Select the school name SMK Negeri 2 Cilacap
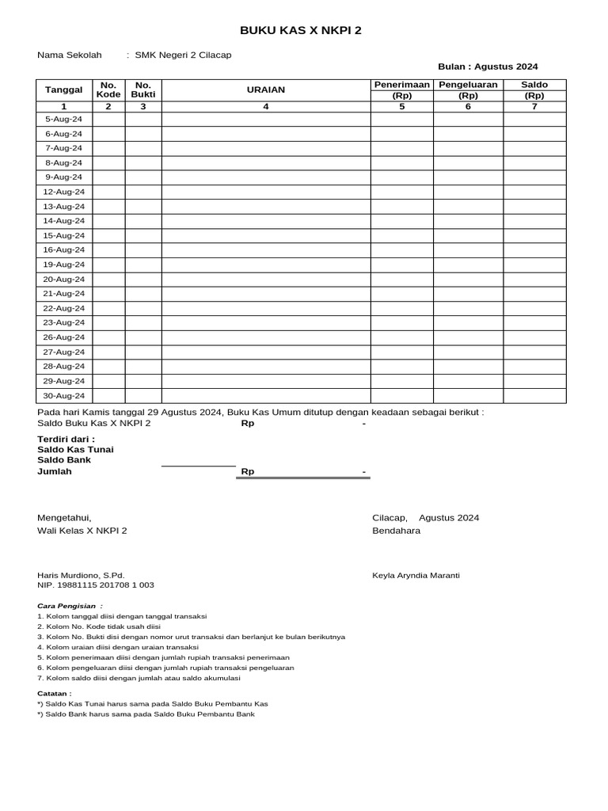click(183, 55)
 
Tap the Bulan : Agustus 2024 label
click(488, 67)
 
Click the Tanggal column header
click(64, 90)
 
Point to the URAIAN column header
click(266, 90)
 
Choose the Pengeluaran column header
click(468, 85)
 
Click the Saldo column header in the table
click(534, 85)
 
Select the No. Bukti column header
click(143, 90)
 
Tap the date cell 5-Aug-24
click(64, 119)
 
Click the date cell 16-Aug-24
click(64, 250)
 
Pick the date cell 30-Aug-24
click(64, 396)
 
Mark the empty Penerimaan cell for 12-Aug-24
click(401, 192)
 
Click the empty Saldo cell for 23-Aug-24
click(534, 323)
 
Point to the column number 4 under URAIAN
click(266, 106)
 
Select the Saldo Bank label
click(64, 459)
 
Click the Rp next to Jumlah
click(248, 472)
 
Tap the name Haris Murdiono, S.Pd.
click(81, 575)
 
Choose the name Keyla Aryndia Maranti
click(416, 575)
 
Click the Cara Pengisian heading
click(70, 606)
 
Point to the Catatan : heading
click(54, 693)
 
